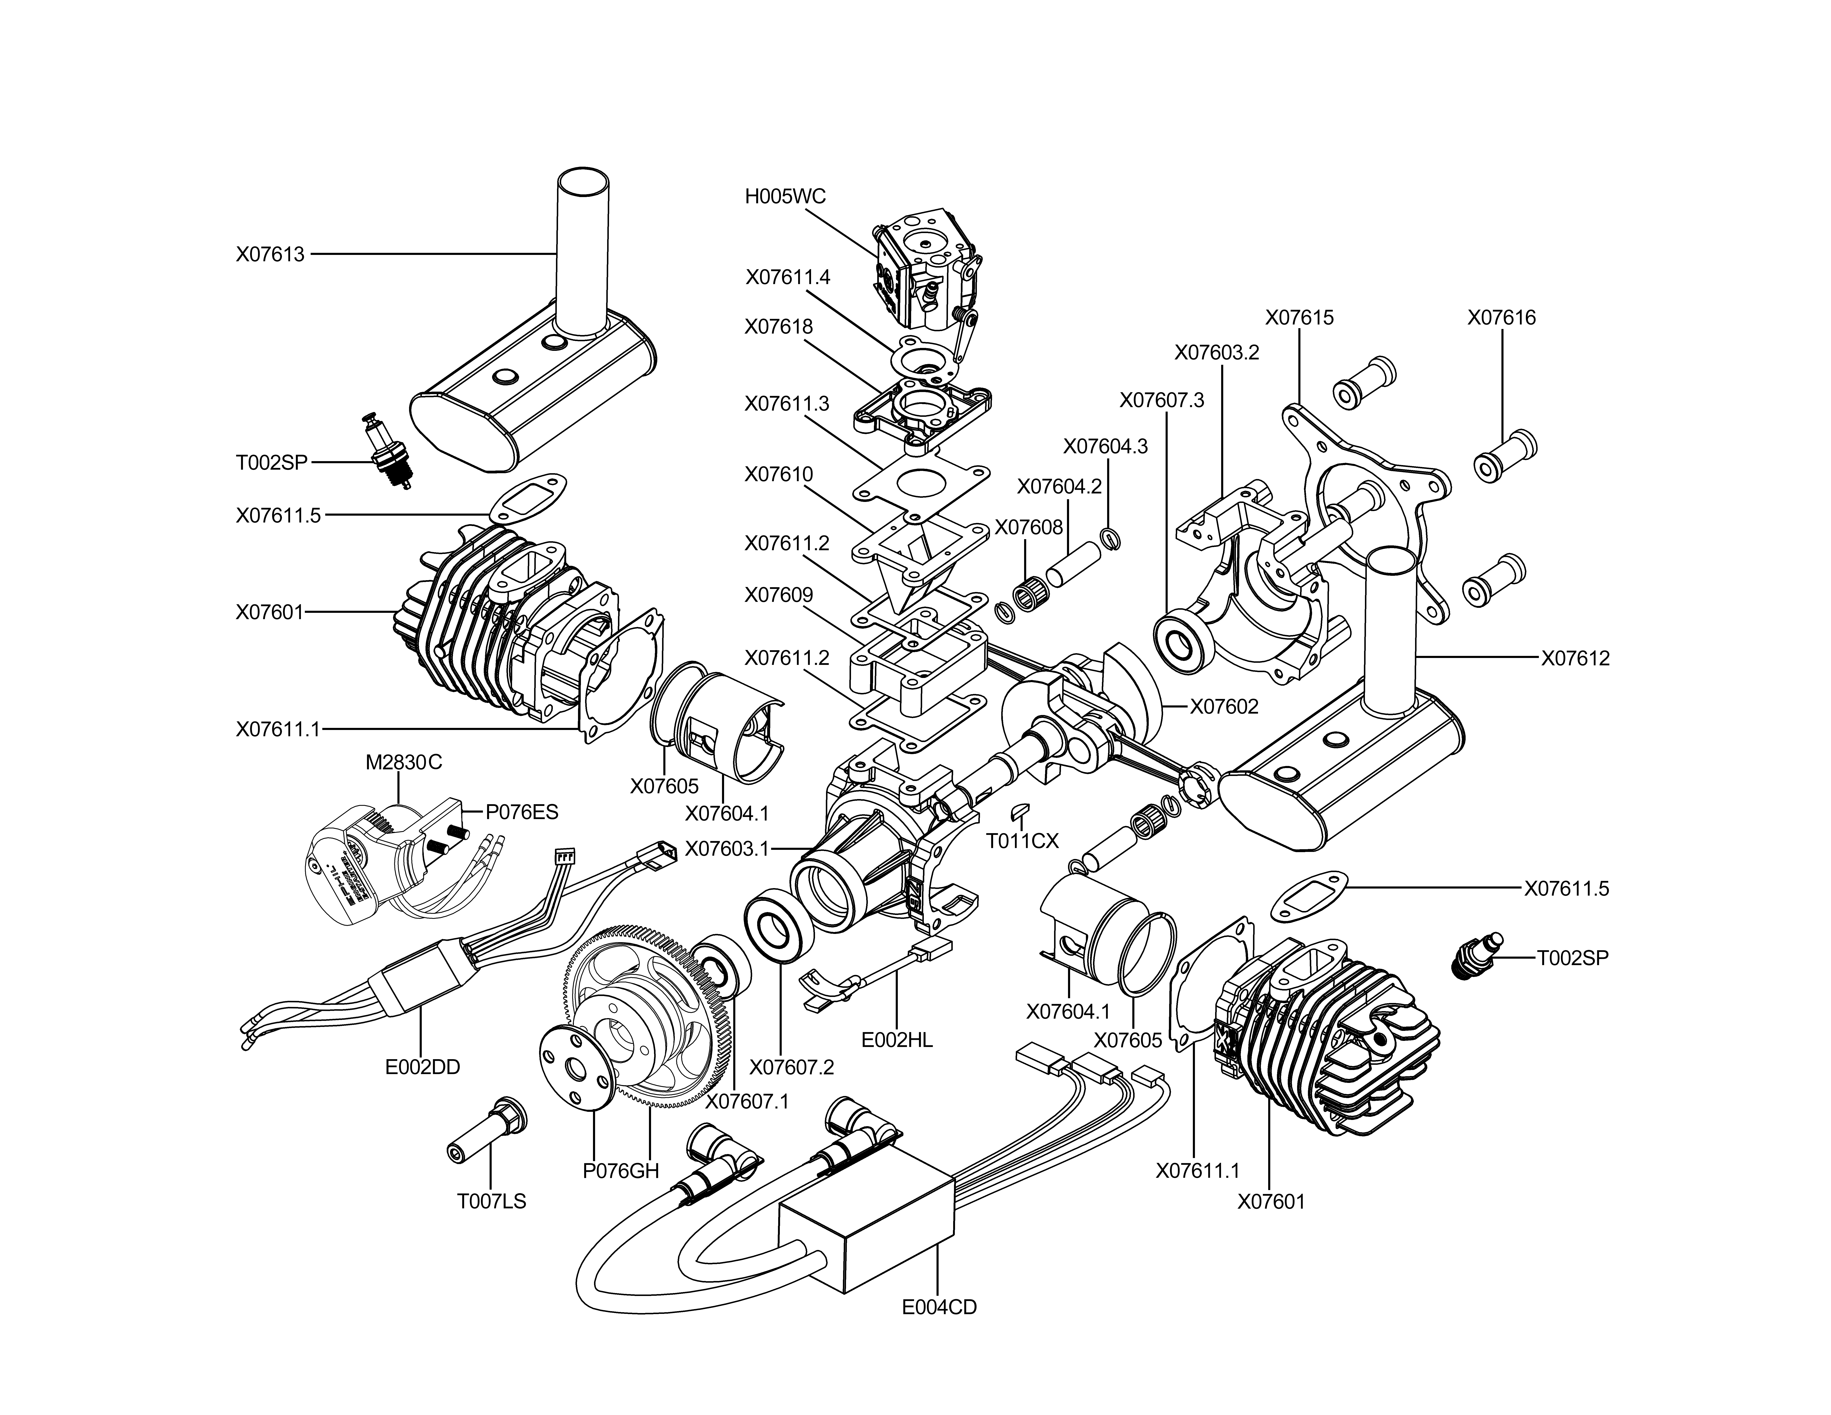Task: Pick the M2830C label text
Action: (x=403, y=763)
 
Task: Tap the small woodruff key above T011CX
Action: (x=1020, y=810)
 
